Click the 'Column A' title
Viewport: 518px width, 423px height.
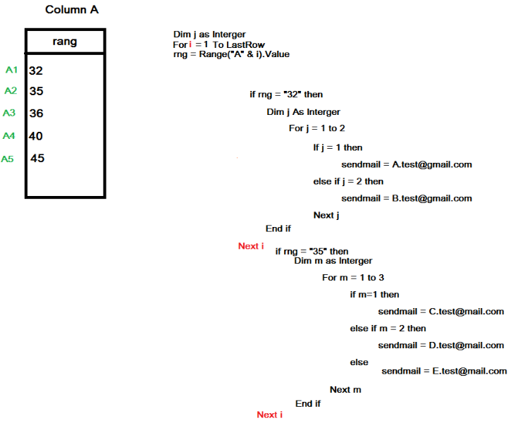[x=72, y=10]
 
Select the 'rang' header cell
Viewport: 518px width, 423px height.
[x=65, y=42]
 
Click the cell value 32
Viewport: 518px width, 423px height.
[x=37, y=70]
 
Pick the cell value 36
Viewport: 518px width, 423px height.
[x=37, y=114]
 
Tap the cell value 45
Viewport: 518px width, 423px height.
[x=37, y=158]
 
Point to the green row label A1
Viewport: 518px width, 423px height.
[x=11, y=70]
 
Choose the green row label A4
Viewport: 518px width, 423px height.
[x=8, y=135]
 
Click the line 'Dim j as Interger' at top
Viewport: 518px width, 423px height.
[x=209, y=35]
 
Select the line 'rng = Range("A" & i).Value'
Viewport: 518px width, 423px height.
[x=231, y=54]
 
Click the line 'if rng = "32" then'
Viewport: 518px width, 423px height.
[x=286, y=94]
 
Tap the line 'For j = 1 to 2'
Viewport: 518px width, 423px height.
[x=316, y=128]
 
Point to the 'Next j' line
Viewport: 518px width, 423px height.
[x=326, y=215]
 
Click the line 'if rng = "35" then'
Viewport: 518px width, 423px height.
[x=312, y=251]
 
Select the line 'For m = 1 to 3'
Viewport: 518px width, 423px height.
[x=353, y=277]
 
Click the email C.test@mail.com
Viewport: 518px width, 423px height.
[x=467, y=311]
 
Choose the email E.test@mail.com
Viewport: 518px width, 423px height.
[x=469, y=371]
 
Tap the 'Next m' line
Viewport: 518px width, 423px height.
[x=345, y=390]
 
